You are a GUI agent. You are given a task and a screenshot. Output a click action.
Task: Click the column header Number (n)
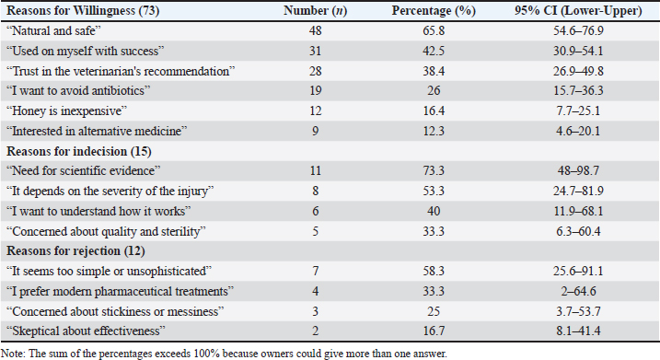click(x=315, y=10)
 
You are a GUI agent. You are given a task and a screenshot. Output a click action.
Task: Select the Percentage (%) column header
click(x=434, y=10)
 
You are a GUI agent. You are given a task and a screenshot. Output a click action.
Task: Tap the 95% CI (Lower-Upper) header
click(x=578, y=10)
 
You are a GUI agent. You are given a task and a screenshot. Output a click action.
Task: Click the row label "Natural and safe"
click(x=54, y=30)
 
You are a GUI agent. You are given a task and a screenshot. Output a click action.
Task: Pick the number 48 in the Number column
click(x=315, y=30)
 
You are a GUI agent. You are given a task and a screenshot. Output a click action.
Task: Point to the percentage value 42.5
click(x=434, y=51)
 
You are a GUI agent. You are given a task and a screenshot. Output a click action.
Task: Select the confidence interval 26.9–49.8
click(x=578, y=71)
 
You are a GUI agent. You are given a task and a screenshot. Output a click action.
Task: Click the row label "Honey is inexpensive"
click(x=66, y=111)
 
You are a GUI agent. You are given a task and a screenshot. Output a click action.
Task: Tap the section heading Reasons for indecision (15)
click(x=79, y=151)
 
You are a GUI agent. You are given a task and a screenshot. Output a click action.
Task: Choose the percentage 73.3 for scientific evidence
click(x=434, y=170)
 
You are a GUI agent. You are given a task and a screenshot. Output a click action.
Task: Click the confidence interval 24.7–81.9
click(x=578, y=191)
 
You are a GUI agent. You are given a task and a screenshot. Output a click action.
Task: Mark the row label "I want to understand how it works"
click(x=98, y=211)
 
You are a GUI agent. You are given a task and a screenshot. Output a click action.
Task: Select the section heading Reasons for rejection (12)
click(x=75, y=251)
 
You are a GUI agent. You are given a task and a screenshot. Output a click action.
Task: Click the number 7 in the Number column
click(x=315, y=271)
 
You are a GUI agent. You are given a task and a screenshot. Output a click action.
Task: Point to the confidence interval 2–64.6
click(x=578, y=291)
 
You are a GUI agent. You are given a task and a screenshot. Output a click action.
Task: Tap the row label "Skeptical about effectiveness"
click(x=86, y=331)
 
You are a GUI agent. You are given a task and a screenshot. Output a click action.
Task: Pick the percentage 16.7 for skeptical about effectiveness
click(x=434, y=331)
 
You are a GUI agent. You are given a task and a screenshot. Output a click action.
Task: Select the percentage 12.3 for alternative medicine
click(x=434, y=131)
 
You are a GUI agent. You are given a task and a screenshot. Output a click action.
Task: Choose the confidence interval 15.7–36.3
click(x=578, y=90)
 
